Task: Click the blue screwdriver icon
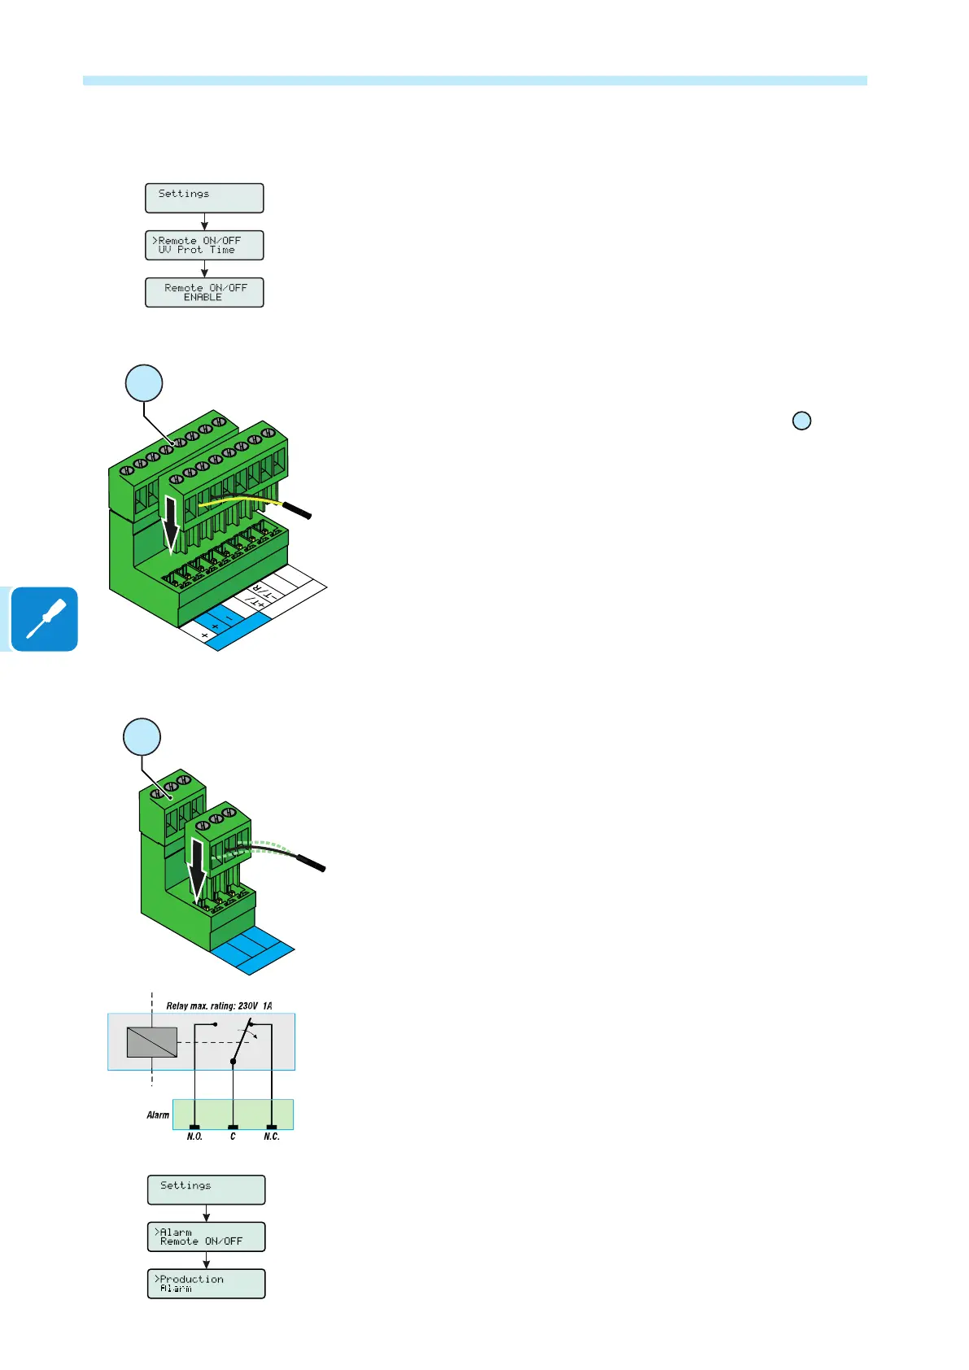tap(46, 619)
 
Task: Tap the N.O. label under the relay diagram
tap(194, 1137)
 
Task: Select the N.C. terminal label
tap(272, 1137)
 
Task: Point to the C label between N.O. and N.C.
tap(233, 1137)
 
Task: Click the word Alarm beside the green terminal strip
tap(158, 1115)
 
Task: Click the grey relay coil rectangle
tap(152, 1042)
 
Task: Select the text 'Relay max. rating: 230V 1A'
tap(219, 1006)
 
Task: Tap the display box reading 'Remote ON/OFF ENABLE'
tap(204, 293)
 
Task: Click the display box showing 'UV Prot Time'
tap(204, 246)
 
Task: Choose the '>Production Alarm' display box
tap(206, 1284)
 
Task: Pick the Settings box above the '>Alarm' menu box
tap(206, 1189)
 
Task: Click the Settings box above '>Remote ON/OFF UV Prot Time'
tap(204, 198)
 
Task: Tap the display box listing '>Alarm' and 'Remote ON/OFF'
tap(206, 1237)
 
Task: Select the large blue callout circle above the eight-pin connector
tap(144, 383)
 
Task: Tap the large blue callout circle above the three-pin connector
tap(142, 737)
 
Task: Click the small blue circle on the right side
tap(801, 421)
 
